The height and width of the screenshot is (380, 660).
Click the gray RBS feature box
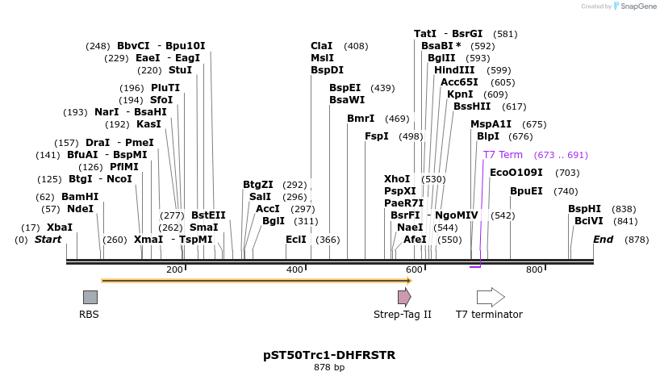click(x=90, y=297)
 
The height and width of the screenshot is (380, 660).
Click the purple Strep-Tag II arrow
click(x=404, y=297)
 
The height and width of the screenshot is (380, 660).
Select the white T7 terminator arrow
click(x=491, y=297)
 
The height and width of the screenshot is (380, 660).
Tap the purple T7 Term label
click(x=503, y=155)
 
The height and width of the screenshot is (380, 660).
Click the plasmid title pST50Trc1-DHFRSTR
click(x=329, y=355)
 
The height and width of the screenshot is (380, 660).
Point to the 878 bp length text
click(x=329, y=368)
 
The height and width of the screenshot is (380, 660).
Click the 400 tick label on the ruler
click(x=295, y=269)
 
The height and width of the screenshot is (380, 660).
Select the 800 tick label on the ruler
click(x=534, y=269)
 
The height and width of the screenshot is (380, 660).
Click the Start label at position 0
click(x=48, y=240)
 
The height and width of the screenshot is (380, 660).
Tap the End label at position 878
click(x=603, y=240)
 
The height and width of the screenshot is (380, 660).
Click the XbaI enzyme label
click(x=59, y=228)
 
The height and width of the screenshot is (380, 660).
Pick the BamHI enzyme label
click(x=80, y=197)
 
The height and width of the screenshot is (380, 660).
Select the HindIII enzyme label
click(x=454, y=70)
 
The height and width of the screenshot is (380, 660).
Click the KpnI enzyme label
click(x=460, y=94)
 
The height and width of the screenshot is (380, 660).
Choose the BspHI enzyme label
click(x=584, y=209)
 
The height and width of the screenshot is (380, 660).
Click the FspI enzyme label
click(x=376, y=136)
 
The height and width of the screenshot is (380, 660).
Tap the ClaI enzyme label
click(x=321, y=46)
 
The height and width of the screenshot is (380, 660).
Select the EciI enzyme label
click(x=296, y=240)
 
